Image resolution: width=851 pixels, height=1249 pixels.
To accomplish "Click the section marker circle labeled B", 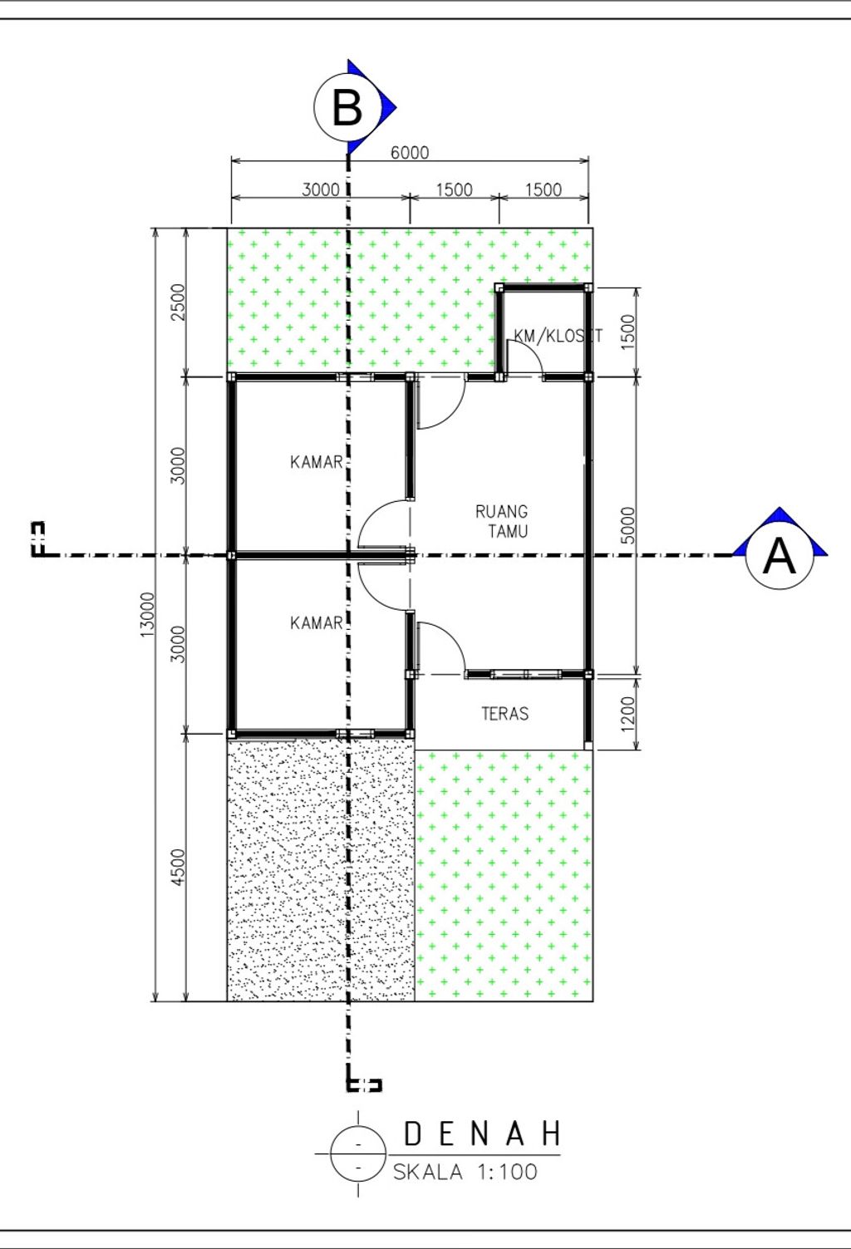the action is coord(347,106).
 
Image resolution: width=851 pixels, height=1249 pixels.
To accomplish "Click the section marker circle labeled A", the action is coord(779,555).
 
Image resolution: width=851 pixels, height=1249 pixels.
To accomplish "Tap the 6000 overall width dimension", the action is coord(410,152).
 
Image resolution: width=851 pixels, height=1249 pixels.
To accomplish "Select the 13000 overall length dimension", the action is coord(147,614).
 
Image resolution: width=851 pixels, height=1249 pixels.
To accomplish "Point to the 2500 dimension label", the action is coord(177,302).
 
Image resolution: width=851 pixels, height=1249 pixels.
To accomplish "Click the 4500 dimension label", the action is coord(177,868).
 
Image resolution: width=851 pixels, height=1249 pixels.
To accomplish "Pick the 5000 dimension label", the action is coord(628,524).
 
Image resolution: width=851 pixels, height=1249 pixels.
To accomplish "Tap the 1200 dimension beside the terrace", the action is coord(628,712).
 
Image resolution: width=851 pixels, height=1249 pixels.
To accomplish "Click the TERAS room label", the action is coord(504,713).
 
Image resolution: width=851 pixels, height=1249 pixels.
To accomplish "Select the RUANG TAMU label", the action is coord(502,521).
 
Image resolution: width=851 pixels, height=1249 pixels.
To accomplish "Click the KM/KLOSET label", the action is coord(558,336).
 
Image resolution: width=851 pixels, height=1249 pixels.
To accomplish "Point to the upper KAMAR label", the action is coord(316,462).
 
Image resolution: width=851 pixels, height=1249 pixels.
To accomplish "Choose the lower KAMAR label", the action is coord(316,622).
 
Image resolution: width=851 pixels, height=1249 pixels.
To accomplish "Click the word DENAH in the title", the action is coord(482,1133).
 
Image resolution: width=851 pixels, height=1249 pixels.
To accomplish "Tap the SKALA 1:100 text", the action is coord(465,1172).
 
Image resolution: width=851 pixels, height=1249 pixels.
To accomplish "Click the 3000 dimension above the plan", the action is coord(321,189).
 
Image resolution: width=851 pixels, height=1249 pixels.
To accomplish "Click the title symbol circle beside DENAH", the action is coord(358,1153).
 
